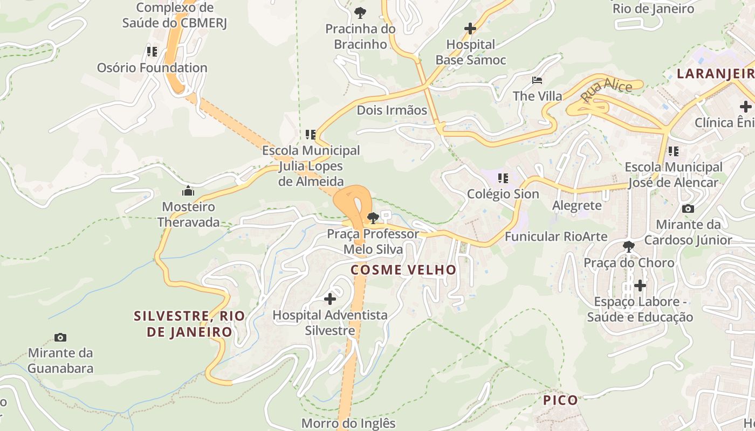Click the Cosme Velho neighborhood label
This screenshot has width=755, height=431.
(x=403, y=270)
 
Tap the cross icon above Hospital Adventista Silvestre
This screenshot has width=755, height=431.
(x=330, y=298)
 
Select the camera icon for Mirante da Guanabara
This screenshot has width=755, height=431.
(x=60, y=338)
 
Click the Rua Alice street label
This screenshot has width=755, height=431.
(x=606, y=89)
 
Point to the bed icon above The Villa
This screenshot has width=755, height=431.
(x=537, y=81)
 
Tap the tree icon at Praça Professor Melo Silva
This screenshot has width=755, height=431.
(x=372, y=218)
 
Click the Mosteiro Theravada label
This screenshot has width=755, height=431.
(x=189, y=214)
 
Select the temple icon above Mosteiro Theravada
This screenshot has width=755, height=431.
(x=188, y=191)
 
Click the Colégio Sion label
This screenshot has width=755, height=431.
(x=503, y=194)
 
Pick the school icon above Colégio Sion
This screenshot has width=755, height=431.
(x=503, y=178)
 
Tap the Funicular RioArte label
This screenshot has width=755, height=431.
(x=556, y=237)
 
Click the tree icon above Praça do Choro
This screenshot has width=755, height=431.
(x=628, y=247)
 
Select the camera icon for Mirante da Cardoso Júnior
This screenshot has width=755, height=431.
(x=688, y=208)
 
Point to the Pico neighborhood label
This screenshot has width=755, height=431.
(x=560, y=400)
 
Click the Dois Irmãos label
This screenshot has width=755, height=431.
(x=392, y=110)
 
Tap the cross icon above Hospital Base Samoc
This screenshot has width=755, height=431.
(x=470, y=29)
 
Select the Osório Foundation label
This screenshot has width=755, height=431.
(x=152, y=68)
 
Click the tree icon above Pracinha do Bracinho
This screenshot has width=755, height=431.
(x=360, y=12)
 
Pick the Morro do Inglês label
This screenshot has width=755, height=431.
(x=348, y=423)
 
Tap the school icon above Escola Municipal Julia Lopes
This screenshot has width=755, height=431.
(x=310, y=134)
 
